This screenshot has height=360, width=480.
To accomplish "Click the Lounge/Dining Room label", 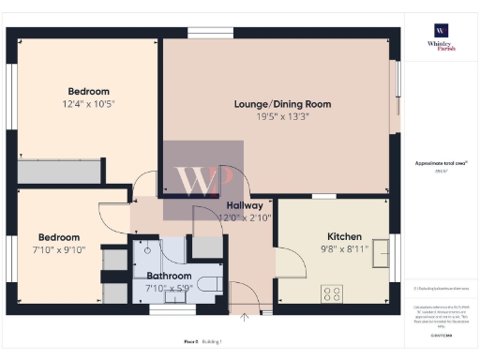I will tap(282, 104).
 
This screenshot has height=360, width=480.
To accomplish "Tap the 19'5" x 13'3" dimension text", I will tap(282, 118).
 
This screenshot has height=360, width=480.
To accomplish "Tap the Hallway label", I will tap(243, 205).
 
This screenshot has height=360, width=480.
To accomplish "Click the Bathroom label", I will tap(170, 276).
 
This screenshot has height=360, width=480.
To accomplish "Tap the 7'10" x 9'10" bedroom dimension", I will tap(58, 251).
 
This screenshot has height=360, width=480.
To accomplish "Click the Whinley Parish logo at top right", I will tap(440, 38).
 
